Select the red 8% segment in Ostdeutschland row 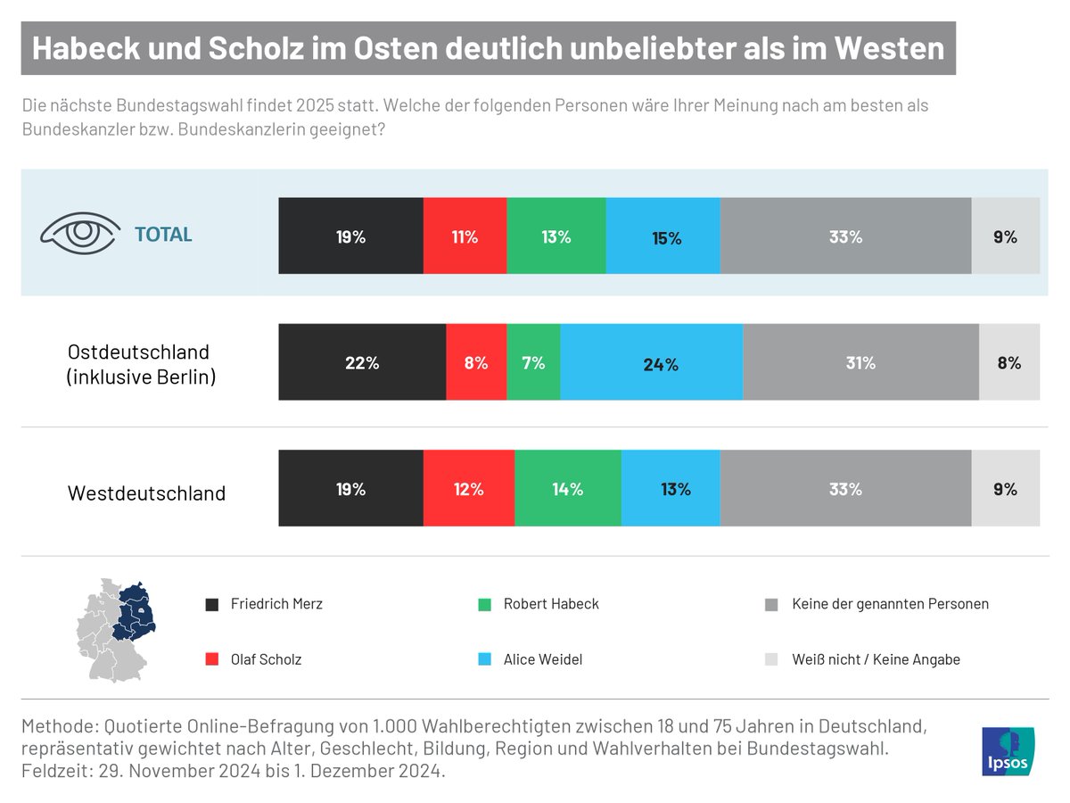pyautogui.click(x=476, y=362)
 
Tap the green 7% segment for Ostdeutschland pyautogui.click(x=533, y=362)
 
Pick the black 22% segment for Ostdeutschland pyautogui.click(x=362, y=362)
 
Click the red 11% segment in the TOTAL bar pyautogui.click(x=465, y=236)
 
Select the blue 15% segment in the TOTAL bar pyautogui.click(x=663, y=236)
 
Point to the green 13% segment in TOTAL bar pyautogui.click(x=556, y=236)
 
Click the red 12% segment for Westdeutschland pyautogui.click(x=469, y=488)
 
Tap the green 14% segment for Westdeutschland pyautogui.click(x=568, y=488)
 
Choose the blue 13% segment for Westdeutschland pyautogui.click(x=671, y=488)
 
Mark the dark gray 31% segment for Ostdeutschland pyautogui.click(x=861, y=362)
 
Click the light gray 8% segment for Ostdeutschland pyautogui.click(x=1009, y=362)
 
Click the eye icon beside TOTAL pyautogui.click(x=80, y=235)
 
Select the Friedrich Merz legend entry pyautogui.click(x=264, y=604)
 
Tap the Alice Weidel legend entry pyautogui.click(x=531, y=659)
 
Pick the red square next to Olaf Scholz pyautogui.click(x=212, y=659)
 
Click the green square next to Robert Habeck pyautogui.click(x=485, y=604)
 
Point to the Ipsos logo pyautogui.click(x=1008, y=752)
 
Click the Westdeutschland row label pyautogui.click(x=147, y=493)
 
